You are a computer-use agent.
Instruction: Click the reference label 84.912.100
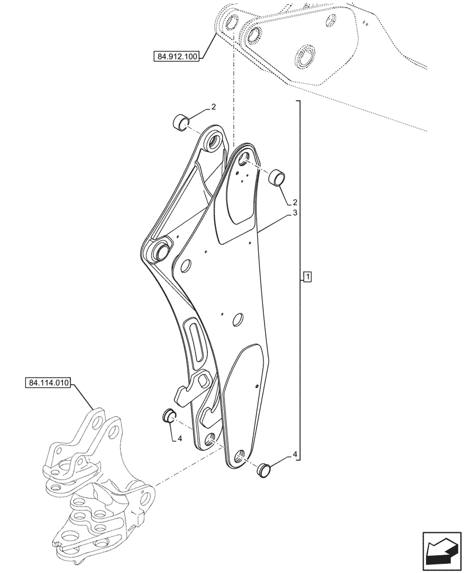[176, 57]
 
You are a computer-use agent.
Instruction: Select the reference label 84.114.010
[48, 383]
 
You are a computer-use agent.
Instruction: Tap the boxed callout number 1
[308, 278]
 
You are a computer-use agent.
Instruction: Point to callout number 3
[294, 213]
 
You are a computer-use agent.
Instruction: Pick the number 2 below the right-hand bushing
[294, 202]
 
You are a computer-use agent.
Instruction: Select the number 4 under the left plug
[179, 439]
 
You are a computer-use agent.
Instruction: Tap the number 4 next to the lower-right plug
[294, 455]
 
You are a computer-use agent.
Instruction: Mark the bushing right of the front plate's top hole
[277, 177]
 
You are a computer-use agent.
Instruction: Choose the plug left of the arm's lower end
[169, 415]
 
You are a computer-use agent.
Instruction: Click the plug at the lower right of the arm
[264, 468]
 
